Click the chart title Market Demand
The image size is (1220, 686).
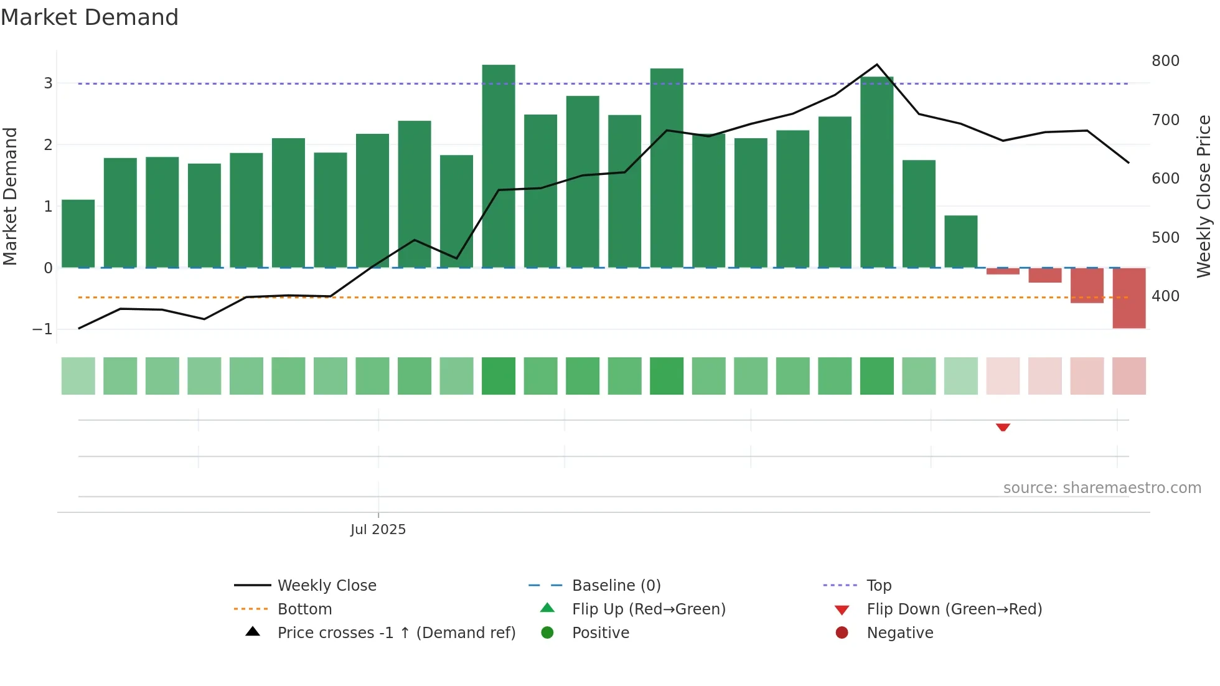pos(90,17)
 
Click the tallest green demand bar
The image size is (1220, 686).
pos(499,166)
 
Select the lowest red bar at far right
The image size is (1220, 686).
pos(1129,298)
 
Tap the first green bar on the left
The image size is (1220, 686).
pos(78,233)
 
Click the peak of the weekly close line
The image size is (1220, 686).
pos(877,65)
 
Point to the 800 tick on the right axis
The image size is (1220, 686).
pos(1165,61)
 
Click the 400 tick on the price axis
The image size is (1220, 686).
pos(1165,296)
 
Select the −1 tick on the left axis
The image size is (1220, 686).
pos(43,329)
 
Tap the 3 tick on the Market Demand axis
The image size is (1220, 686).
pos(48,83)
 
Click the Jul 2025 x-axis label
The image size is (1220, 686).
pos(378,530)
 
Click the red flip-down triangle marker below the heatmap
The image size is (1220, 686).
pos(1003,427)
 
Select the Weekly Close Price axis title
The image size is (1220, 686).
pos(1204,195)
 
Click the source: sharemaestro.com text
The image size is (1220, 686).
pos(1102,488)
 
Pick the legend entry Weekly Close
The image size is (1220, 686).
pos(326,586)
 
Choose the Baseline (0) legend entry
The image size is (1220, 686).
pos(616,586)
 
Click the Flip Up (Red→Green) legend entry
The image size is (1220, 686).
pos(648,609)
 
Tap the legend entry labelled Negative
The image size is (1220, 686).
pos(899,633)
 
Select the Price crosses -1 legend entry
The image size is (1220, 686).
pos(396,633)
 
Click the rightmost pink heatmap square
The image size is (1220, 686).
pos(1129,376)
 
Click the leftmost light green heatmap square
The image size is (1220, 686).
pos(78,376)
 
